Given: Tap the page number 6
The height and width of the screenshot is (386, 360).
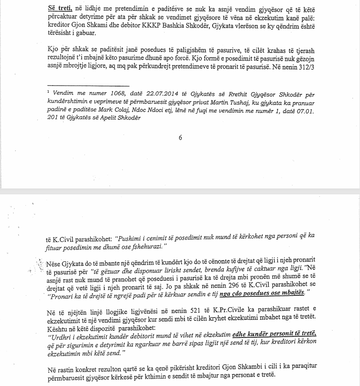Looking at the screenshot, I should pyautogui.click(x=180, y=138).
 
